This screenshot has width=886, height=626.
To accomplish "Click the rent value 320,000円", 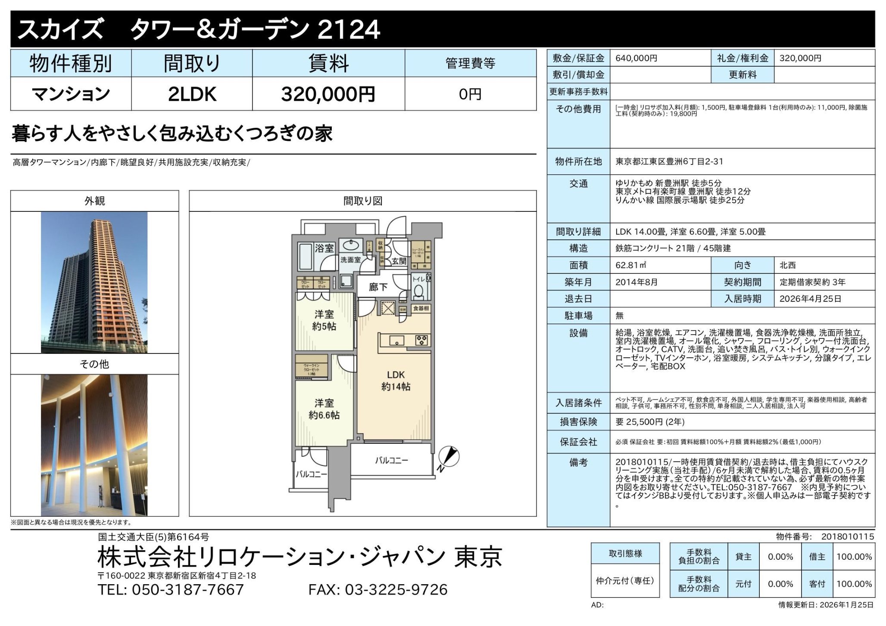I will click(328, 94).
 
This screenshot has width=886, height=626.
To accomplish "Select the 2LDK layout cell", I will click(192, 94).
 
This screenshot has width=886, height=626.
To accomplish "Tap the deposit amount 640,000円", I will click(636, 58).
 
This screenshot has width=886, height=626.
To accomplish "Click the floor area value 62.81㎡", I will click(630, 265).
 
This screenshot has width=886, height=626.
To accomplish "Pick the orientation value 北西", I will click(787, 265).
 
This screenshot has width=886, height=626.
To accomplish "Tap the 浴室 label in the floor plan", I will click(324, 248).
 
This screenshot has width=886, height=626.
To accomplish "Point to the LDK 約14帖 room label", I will click(396, 381).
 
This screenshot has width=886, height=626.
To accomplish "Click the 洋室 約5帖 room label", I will click(324, 320).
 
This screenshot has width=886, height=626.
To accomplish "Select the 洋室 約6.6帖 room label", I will click(324, 409).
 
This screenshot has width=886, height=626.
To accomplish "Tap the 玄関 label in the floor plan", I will click(399, 261).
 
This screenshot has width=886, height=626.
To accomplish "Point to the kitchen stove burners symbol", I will click(421, 340).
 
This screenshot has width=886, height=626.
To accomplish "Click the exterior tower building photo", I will click(94, 282).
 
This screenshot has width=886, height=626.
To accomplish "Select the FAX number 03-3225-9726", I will click(396, 589).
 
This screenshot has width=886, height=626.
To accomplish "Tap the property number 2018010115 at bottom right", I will click(847, 536).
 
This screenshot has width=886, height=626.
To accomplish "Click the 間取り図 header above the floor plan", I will click(362, 201).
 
